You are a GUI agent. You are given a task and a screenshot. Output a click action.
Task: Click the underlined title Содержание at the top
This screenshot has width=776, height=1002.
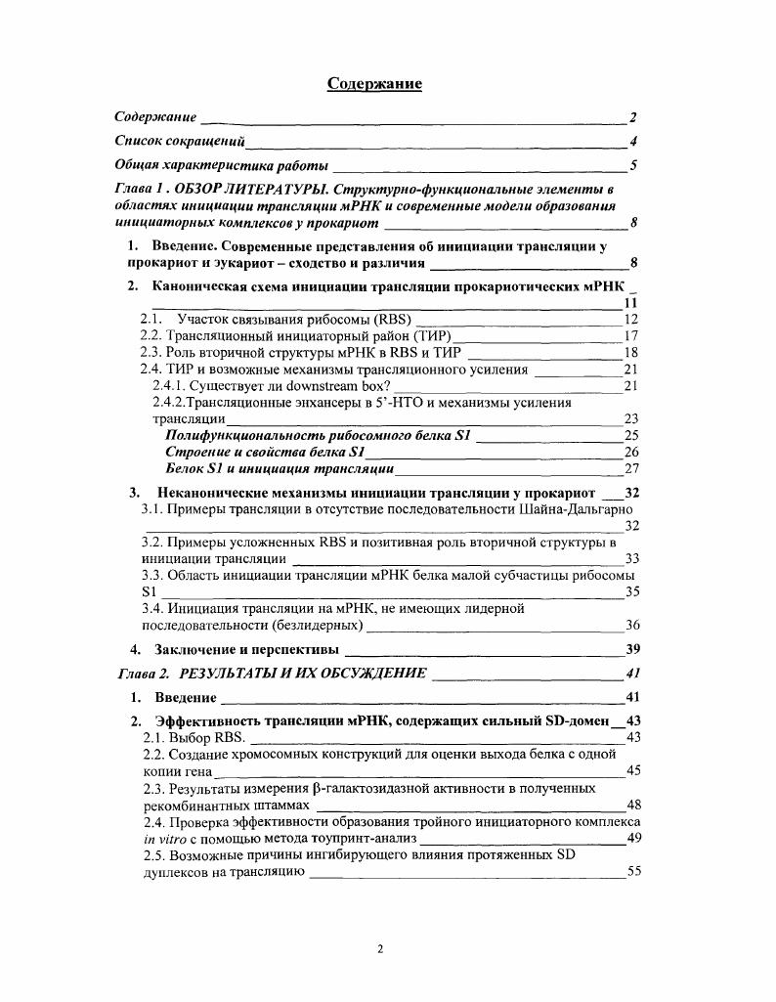pyautogui.click(x=374, y=84)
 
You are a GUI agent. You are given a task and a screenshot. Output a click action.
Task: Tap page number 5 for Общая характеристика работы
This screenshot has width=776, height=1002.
pyautogui.click(x=633, y=165)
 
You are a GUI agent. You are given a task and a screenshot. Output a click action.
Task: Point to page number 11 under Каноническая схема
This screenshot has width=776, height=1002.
pyautogui.click(x=630, y=303)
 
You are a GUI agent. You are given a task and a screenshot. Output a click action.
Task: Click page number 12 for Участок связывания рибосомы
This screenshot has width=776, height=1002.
pyautogui.click(x=630, y=319)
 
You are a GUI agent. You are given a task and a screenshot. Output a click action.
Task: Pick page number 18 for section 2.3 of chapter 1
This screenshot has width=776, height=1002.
pyautogui.click(x=630, y=352)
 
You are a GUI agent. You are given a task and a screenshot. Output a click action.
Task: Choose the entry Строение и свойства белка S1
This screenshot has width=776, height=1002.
pyautogui.click(x=265, y=452)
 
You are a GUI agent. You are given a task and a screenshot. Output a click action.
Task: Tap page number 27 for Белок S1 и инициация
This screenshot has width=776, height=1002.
pyautogui.click(x=630, y=468)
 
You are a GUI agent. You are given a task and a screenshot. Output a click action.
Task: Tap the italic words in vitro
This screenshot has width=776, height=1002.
pyautogui.click(x=163, y=839)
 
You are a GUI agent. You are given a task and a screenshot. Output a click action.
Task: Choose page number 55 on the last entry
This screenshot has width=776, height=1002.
pyautogui.click(x=633, y=872)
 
